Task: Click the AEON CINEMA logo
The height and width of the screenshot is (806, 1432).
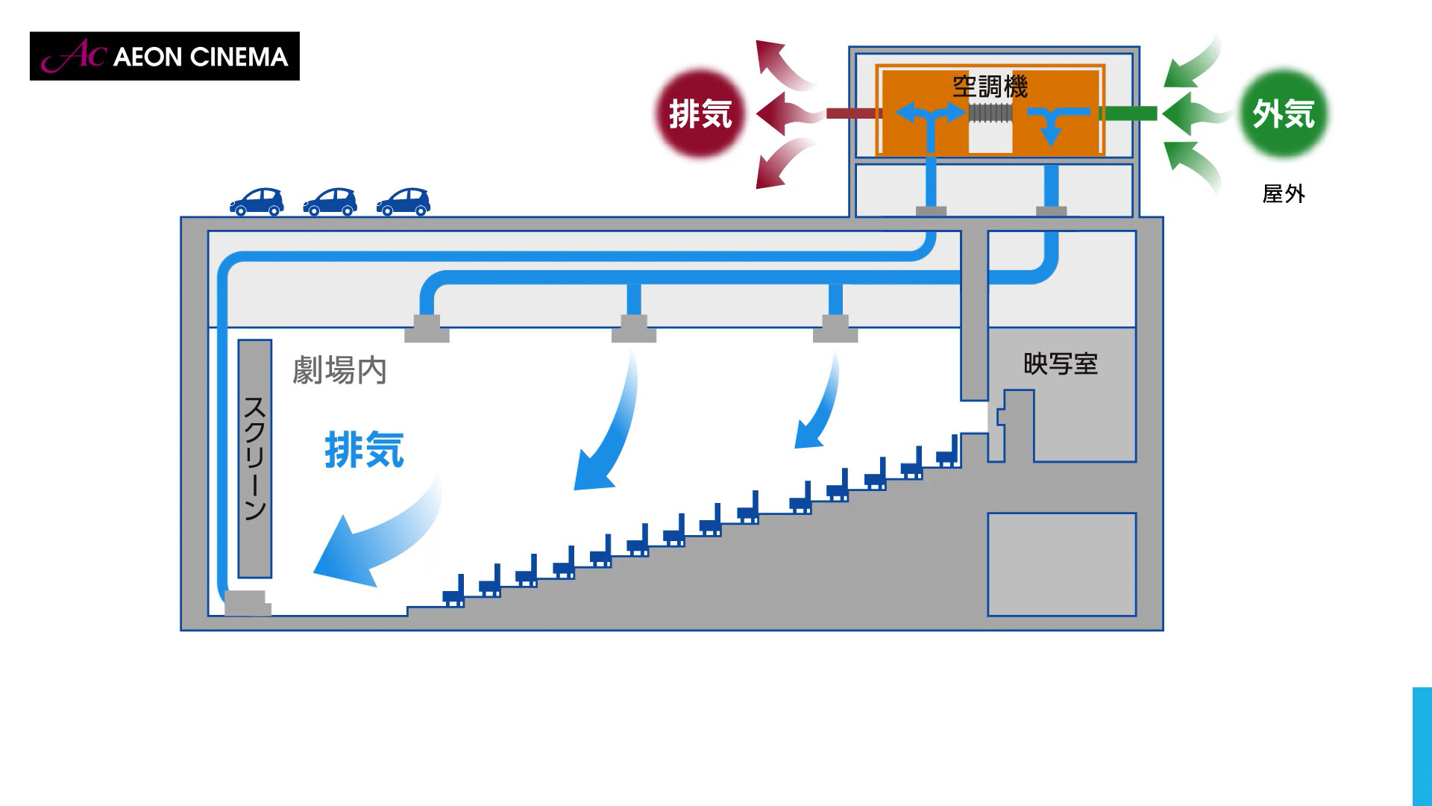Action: tap(164, 56)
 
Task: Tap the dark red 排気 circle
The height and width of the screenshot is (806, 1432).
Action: tap(700, 113)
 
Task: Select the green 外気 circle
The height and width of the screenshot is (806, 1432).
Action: tap(1283, 113)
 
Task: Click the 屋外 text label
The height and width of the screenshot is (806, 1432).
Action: tap(1283, 194)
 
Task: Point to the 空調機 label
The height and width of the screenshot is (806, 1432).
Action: tap(990, 87)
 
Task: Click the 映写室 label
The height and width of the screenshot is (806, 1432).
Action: tap(1060, 364)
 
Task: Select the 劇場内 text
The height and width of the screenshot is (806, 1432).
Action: tap(339, 370)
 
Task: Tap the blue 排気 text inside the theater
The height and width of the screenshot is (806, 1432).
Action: tap(364, 450)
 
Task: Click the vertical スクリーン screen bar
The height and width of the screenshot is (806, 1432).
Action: tap(254, 458)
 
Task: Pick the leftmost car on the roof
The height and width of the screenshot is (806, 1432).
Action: tap(257, 201)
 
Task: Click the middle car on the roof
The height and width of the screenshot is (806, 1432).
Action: tap(330, 201)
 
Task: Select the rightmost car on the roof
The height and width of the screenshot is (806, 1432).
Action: tap(403, 201)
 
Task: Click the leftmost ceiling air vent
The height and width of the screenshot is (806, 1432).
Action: tap(427, 329)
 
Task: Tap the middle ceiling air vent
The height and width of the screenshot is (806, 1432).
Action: tap(634, 329)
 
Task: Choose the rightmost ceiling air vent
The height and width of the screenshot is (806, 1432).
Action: tap(835, 329)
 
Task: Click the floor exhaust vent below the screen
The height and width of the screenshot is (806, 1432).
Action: tap(247, 603)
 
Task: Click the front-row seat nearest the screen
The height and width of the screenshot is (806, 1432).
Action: tap(453, 593)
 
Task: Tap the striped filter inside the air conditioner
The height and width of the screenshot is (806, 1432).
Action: tap(990, 113)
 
